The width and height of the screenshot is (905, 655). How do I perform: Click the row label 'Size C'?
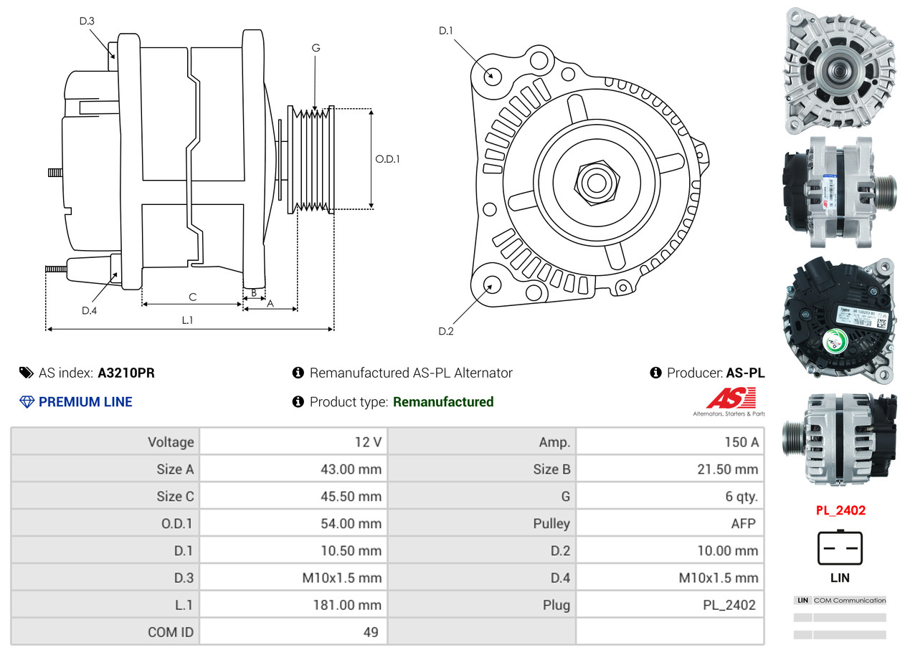174,496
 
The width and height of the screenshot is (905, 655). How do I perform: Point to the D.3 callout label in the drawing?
87,21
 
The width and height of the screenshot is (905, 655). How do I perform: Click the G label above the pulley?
316,48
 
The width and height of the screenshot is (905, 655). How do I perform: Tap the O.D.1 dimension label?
387,159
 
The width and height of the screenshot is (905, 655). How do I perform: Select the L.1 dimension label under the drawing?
187,320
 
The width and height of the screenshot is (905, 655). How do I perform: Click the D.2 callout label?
446,331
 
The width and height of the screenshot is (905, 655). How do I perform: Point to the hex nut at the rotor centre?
595,182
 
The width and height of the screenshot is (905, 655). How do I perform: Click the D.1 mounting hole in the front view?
492,75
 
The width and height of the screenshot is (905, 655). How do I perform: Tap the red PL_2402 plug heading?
840,510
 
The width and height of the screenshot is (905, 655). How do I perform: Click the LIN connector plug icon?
840,548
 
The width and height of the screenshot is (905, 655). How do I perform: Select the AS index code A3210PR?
126,373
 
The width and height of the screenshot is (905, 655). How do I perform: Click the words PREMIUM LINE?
85,402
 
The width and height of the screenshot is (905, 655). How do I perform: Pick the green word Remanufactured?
443,402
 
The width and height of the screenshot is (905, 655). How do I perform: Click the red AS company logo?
730,398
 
